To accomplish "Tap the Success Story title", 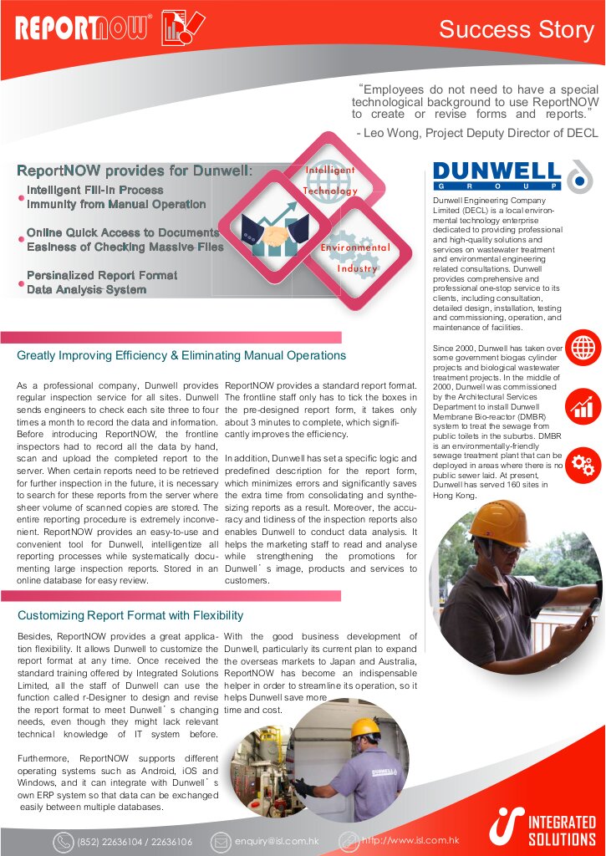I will click(516, 30).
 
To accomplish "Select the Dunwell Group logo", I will click(497, 176).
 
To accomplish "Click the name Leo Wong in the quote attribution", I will click(397, 132).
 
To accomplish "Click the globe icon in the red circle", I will click(583, 347).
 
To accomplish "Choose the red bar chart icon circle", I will click(583, 406).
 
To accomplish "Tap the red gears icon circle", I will click(583, 466).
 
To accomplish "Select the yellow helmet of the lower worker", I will click(364, 727).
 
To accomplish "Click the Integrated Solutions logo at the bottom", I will click(544, 828).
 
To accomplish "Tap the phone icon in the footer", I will click(64, 842).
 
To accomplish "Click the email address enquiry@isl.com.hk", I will click(277, 841).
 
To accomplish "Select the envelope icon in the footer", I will click(221, 841).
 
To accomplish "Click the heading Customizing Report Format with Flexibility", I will click(130, 615).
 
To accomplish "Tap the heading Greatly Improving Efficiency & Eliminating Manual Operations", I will click(181, 355).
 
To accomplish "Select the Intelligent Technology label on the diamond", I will click(330, 180).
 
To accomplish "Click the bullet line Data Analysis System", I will click(86, 289).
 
